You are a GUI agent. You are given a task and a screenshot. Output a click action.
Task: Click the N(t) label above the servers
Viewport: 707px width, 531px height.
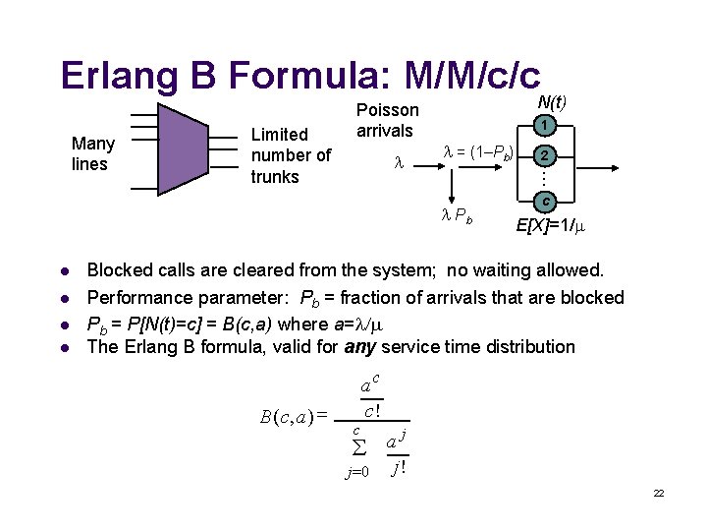[x=553, y=100]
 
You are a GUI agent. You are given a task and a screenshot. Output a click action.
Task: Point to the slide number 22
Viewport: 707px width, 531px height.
[x=659, y=493]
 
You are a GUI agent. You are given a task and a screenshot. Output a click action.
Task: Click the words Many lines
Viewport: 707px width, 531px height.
[x=93, y=153]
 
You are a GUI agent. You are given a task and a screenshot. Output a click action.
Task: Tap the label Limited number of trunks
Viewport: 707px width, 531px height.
[x=291, y=155]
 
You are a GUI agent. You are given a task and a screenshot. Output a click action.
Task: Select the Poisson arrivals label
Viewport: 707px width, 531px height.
[x=387, y=120]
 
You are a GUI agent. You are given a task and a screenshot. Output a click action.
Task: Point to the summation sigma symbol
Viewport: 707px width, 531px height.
[x=358, y=448]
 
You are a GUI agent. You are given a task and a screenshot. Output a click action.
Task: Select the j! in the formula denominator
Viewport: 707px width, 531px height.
[x=398, y=468]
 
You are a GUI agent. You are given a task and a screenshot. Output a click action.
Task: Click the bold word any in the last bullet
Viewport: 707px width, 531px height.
[x=359, y=346]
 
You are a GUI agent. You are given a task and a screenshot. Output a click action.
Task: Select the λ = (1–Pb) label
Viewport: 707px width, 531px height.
[x=478, y=152]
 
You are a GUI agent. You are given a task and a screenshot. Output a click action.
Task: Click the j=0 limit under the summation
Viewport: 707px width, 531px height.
[x=357, y=472]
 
